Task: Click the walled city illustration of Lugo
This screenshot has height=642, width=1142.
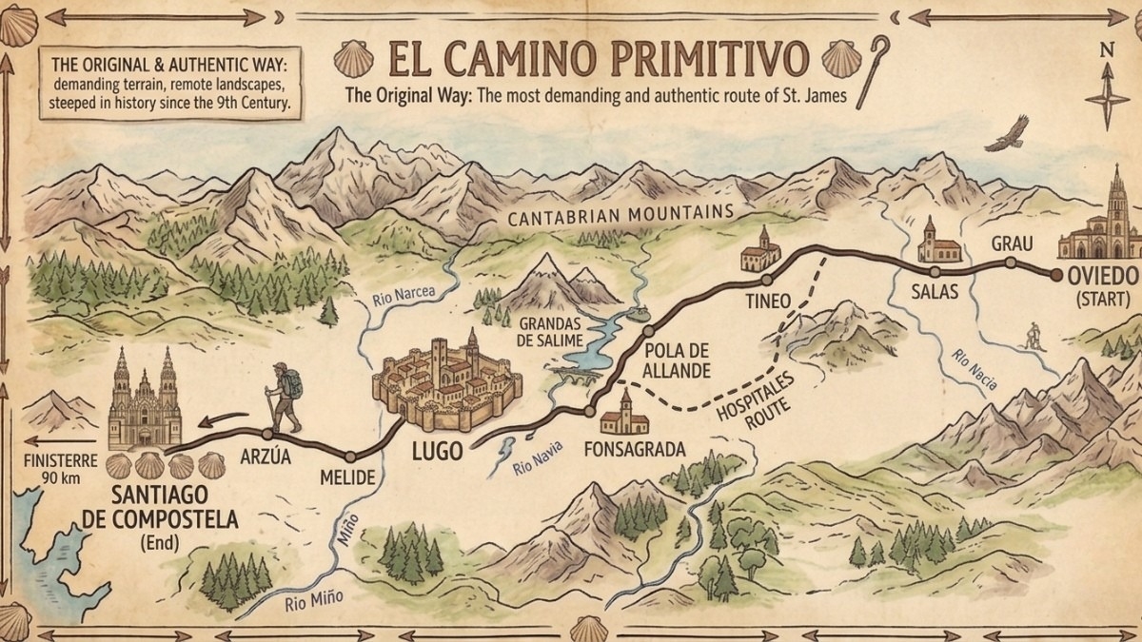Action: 447,380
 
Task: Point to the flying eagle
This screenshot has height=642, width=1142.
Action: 1008,134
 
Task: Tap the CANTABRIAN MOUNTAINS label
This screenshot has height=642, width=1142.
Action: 620,215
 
